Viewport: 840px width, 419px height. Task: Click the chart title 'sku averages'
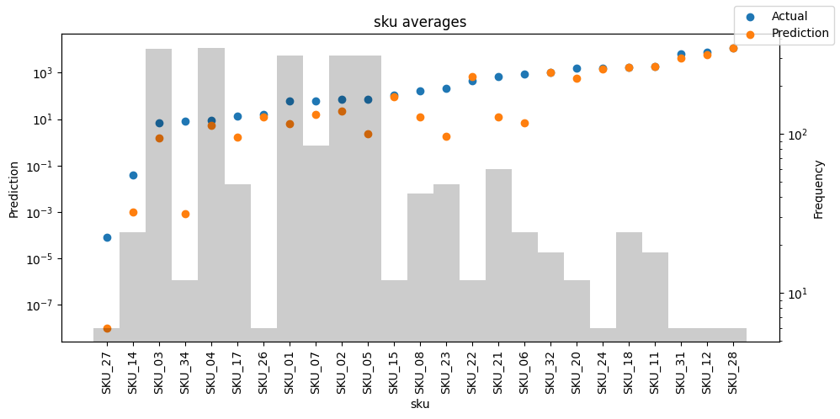coord(420,22)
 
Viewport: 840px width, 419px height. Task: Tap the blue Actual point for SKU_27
coord(107,237)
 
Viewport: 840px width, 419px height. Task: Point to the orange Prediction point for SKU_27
coord(107,328)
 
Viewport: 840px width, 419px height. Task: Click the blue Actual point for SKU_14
coord(133,175)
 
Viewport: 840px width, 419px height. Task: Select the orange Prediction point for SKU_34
coord(185,215)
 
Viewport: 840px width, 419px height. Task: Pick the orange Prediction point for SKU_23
coord(446,136)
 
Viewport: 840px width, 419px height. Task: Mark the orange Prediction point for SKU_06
coord(525,123)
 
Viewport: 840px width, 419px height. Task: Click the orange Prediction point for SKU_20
coord(577,79)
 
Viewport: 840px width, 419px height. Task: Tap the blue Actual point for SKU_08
coord(421,91)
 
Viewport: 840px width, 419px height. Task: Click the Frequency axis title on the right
coord(819,189)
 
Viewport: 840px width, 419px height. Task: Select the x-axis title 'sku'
coord(420,404)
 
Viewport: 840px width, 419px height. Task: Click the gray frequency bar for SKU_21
coord(499,255)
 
